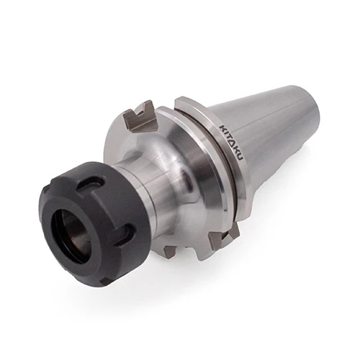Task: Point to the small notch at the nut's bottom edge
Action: click(x=104, y=282)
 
